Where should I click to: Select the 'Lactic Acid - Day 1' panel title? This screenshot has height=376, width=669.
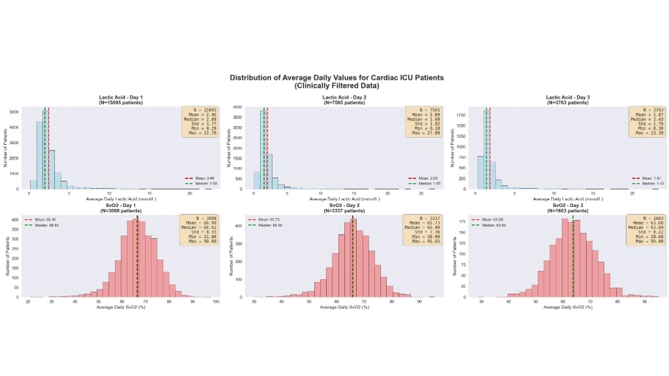pyautogui.click(x=116, y=97)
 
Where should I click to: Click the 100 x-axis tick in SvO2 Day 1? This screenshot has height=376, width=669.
pyautogui.click(x=216, y=301)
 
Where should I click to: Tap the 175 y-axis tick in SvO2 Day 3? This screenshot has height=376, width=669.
pyautogui.click(x=461, y=221)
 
